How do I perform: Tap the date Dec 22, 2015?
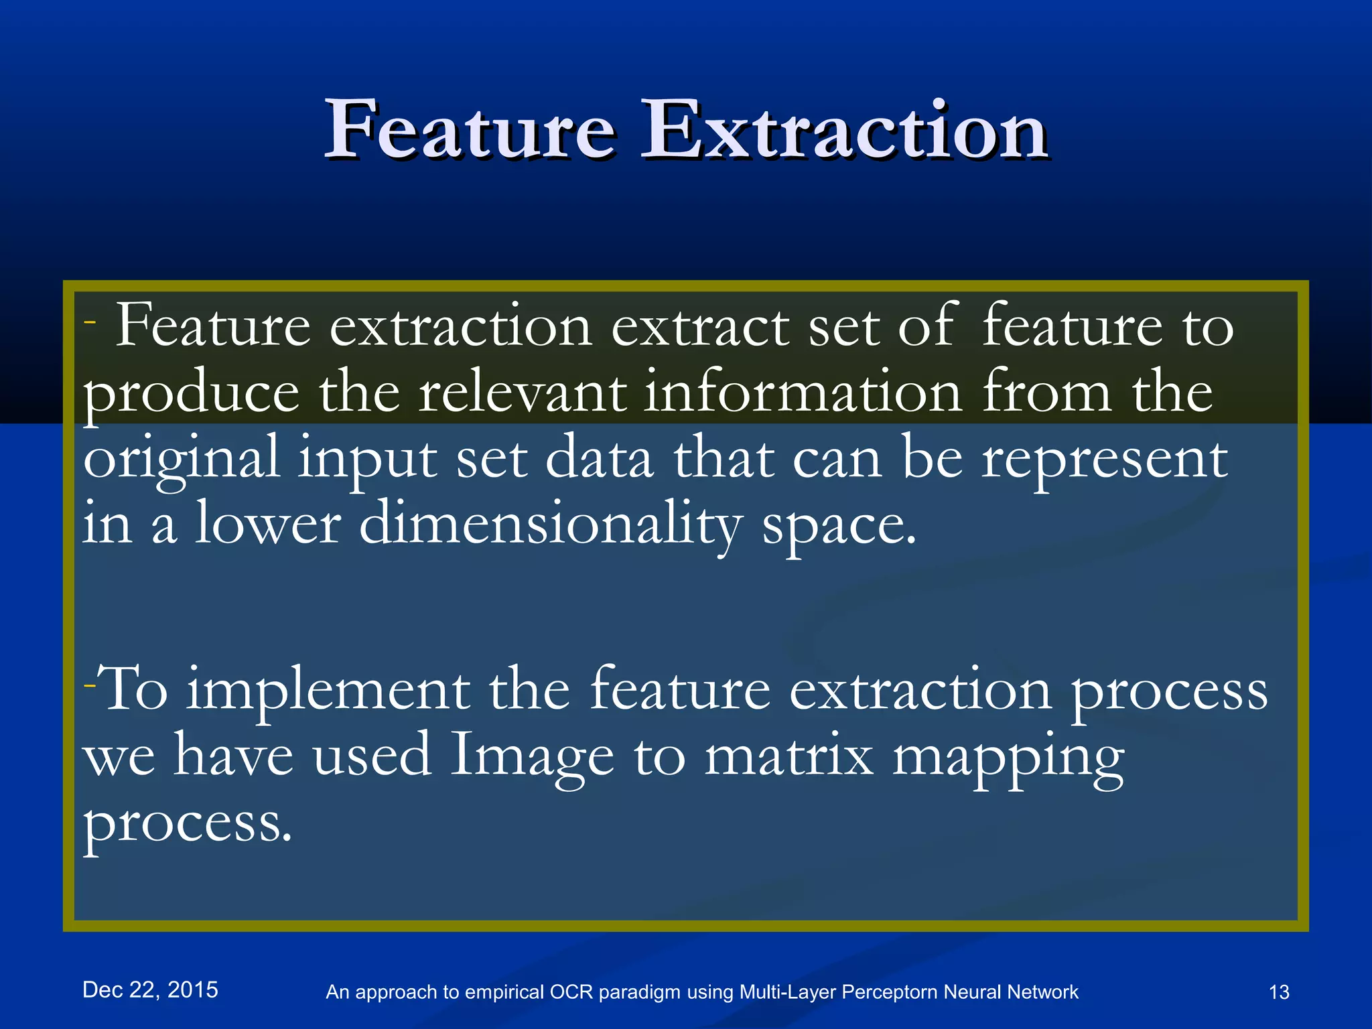[x=150, y=989]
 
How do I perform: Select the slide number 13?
[x=1279, y=992]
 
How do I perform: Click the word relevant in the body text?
[x=523, y=392]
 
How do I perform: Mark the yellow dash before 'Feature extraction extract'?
[x=90, y=322]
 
